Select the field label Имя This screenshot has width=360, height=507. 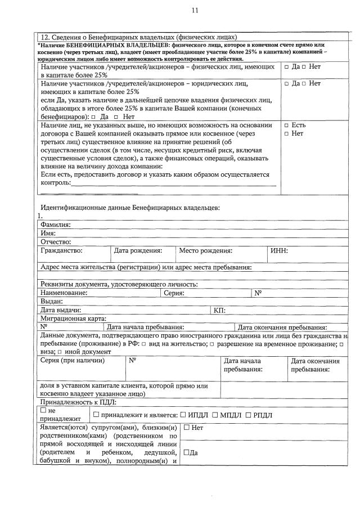(x=48, y=233)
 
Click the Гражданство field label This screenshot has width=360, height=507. (x=62, y=250)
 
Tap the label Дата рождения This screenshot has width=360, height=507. (x=138, y=250)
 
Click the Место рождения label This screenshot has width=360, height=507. (x=206, y=250)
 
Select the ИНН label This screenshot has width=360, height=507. (x=279, y=250)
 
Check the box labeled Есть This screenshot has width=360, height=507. (x=287, y=125)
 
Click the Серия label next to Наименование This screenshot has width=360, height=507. (x=174, y=293)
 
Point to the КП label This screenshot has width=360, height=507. (x=219, y=310)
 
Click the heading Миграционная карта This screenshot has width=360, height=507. (x=74, y=318)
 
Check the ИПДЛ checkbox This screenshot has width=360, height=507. (x=183, y=415)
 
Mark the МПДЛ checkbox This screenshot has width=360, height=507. (x=215, y=415)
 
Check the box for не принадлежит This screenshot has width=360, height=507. (x=44, y=411)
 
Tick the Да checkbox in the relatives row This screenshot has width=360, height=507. (x=187, y=452)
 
